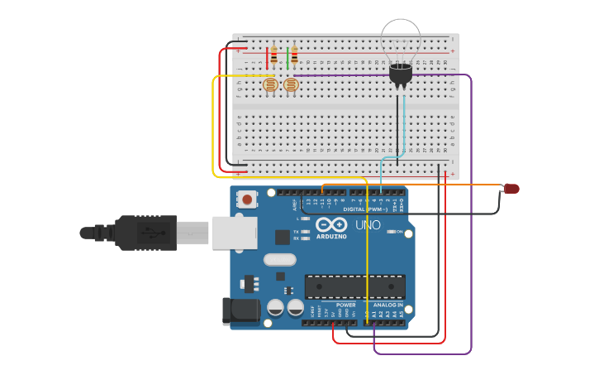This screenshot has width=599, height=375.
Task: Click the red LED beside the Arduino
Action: (512, 189)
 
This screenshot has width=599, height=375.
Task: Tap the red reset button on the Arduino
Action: (247, 199)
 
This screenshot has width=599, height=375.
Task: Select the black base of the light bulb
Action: (400, 75)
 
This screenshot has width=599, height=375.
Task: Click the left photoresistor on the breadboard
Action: (270, 84)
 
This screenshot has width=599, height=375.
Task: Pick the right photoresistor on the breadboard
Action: (291, 84)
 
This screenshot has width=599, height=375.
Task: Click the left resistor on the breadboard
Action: (274, 56)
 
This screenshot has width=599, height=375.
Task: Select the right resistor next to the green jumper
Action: (294, 55)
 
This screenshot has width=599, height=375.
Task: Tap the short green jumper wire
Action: (288, 58)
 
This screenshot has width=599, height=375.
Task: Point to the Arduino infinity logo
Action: (330, 224)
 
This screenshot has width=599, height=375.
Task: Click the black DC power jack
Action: (240, 311)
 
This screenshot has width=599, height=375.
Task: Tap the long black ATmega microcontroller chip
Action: (355, 286)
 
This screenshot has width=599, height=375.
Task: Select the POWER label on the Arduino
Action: (346, 305)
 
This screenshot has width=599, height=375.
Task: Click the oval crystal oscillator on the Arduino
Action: (279, 259)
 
